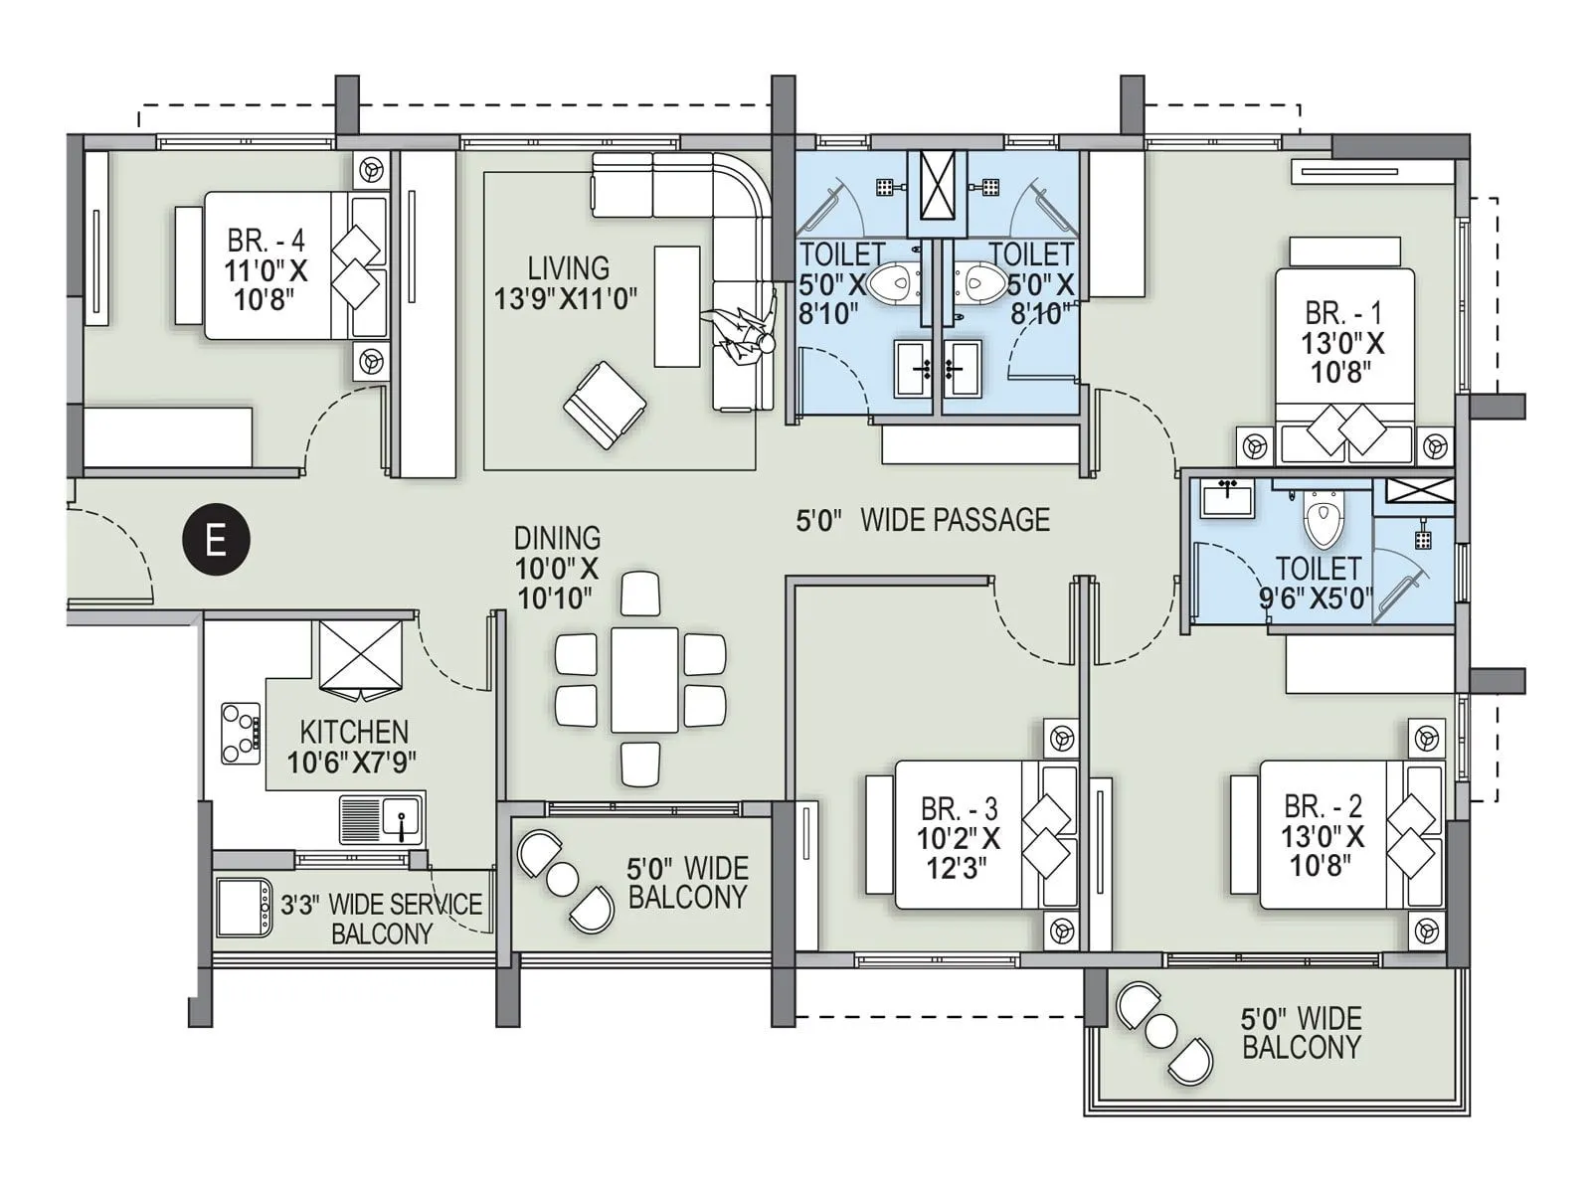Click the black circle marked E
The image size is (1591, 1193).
(x=215, y=541)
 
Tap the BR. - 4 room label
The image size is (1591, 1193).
(x=265, y=269)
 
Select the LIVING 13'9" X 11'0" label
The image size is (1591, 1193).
(x=567, y=282)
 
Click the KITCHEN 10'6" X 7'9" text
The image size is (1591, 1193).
(x=353, y=747)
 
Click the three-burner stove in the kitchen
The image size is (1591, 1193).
(x=241, y=733)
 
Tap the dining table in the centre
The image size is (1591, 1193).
(x=643, y=679)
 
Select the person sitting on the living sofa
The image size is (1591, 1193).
(x=741, y=337)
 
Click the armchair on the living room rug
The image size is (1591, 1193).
(x=605, y=405)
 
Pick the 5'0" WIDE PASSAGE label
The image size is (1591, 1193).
(x=923, y=520)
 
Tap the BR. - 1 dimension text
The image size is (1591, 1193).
(x=1342, y=358)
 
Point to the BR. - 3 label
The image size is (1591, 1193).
(x=958, y=837)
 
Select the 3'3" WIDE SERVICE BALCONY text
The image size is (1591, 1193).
(x=382, y=919)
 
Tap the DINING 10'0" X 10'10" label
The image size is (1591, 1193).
(x=557, y=568)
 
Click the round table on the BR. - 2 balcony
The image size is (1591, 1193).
(x=1160, y=1031)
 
